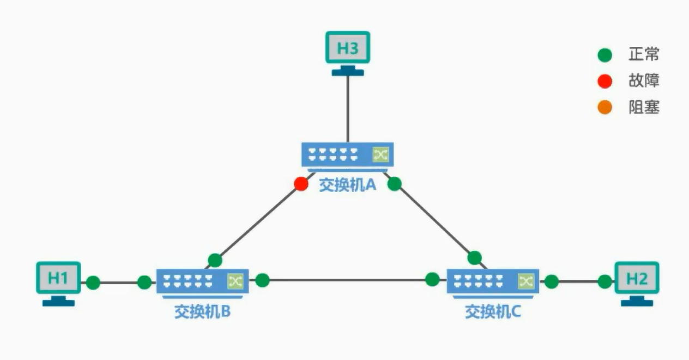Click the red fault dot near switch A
point(301,184)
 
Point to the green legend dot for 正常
point(605,55)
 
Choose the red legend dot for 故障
point(605,82)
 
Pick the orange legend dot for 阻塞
point(605,108)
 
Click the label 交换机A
point(348,185)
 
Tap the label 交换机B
point(202,311)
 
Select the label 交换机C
point(493,311)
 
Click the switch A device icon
point(348,155)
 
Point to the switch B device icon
point(202,281)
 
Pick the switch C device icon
point(493,281)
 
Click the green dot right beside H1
point(93,283)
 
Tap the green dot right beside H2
point(605,282)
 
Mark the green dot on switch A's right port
point(395,184)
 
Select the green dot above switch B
point(215,260)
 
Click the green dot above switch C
point(474,257)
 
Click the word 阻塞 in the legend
point(644,108)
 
